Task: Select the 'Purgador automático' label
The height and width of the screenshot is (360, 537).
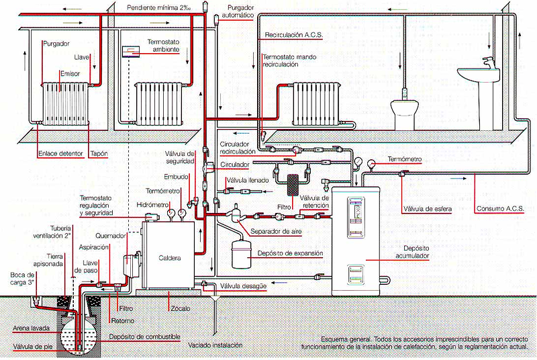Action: [237, 11]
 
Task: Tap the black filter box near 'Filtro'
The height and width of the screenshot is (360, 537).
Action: [294, 183]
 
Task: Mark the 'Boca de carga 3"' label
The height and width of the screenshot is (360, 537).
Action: [22, 279]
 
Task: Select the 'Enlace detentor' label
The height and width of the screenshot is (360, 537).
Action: [60, 154]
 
